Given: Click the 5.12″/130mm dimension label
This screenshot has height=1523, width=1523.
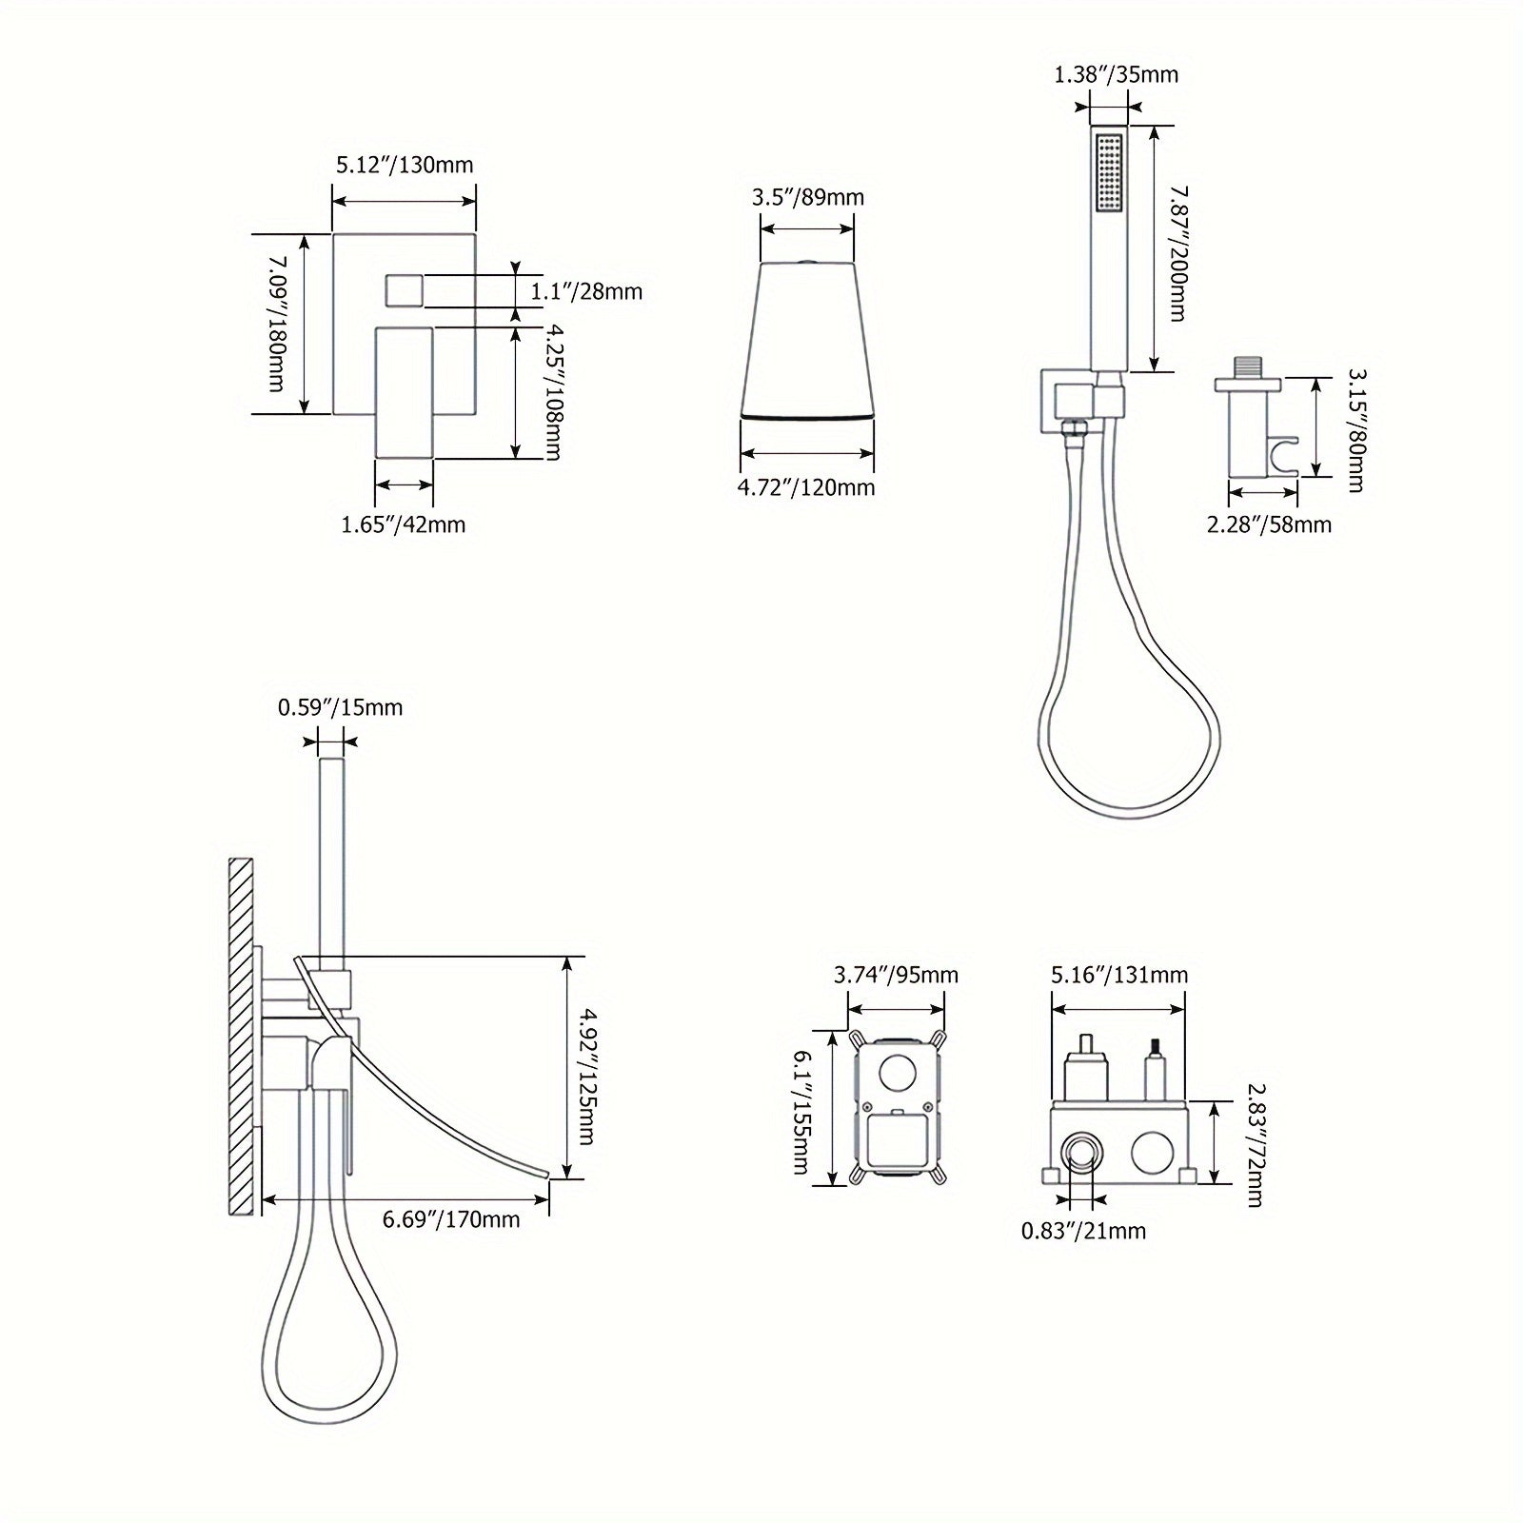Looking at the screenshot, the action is [404, 165].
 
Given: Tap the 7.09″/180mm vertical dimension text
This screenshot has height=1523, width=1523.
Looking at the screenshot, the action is [276, 321].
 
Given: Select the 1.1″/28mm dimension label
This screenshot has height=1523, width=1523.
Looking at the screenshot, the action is [586, 291].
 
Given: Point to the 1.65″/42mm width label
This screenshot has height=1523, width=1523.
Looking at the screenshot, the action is [404, 524].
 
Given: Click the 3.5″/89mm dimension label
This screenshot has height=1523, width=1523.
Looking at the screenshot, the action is [808, 197].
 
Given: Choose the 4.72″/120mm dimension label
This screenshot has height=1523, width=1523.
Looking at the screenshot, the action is [807, 488].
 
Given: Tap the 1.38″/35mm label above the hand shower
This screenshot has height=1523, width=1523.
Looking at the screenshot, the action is [1117, 74].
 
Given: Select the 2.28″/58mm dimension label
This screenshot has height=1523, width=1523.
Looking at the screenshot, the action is [1269, 524].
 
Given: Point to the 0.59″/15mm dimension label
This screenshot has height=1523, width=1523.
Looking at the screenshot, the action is [340, 708].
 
